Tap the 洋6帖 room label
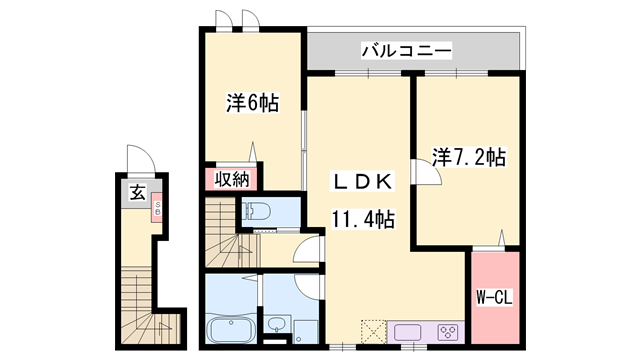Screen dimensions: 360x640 click(x=251, y=102)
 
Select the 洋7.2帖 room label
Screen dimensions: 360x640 click(x=468, y=157)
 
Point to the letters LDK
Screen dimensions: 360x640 click(x=365, y=182)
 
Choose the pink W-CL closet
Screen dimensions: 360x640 click(x=495, y=297)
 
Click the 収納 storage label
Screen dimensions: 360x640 click(x=233, y=180)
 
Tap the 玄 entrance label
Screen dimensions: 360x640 click(x=134, y=194)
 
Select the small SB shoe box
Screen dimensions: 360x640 click(x=156, y=212)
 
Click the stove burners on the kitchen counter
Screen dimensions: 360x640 click(x=447, y=332)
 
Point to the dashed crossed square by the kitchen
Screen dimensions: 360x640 click(x=372, y=330)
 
